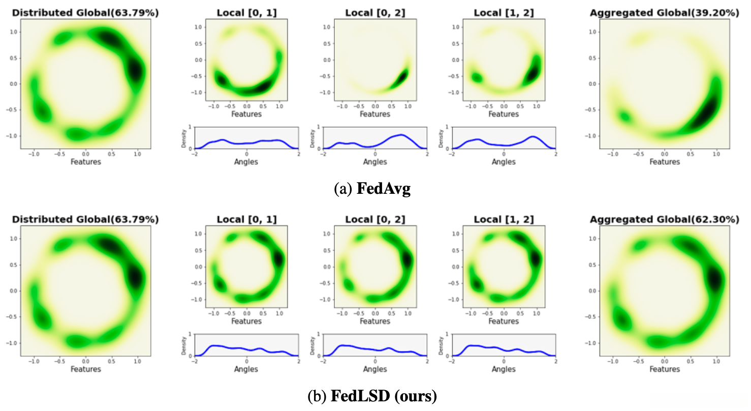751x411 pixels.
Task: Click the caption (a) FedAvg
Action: click(372, 189)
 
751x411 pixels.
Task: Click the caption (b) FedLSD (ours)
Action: click(372, 396)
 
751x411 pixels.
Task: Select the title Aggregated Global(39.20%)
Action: click(664, 13)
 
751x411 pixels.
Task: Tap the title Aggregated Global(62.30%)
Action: click(664, 219)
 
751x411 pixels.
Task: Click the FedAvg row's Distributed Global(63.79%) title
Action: click(85, 13)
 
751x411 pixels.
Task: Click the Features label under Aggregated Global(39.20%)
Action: click(665, 162)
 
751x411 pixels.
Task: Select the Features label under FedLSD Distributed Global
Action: click(85, 369)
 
